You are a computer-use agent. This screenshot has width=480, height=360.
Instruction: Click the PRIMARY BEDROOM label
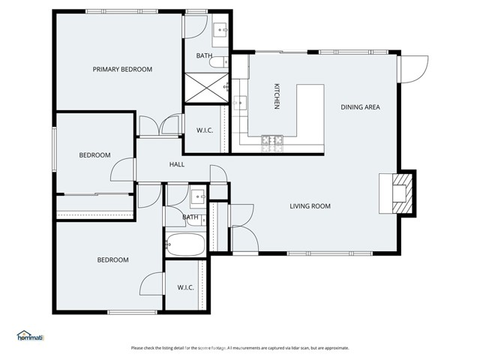(x=122, y=69)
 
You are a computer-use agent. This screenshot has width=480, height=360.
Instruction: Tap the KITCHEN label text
(x=277, y=97)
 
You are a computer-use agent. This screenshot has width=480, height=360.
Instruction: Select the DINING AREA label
(x=360, y=107)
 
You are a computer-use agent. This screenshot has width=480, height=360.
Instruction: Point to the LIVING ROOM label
(x=310, y=206)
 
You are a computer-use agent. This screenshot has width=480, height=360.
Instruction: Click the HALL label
(x=177, y=165)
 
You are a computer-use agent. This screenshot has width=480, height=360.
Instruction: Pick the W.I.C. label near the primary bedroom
(x=205, y=130)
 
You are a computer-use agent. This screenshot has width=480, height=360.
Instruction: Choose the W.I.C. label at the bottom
(x=187, y=287)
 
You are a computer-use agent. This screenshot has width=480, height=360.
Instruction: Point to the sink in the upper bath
(x=220, y=31)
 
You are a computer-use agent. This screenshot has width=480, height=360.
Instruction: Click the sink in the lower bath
(x=198, y=198)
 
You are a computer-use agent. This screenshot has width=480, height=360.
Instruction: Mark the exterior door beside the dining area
(x=411, y=69)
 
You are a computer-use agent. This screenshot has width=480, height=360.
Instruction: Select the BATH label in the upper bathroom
(x=204, y=55)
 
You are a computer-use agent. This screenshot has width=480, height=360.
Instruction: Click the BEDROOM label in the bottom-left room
(x=112, y=260)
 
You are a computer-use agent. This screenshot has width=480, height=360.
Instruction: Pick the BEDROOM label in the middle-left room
(x=94, y=155)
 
